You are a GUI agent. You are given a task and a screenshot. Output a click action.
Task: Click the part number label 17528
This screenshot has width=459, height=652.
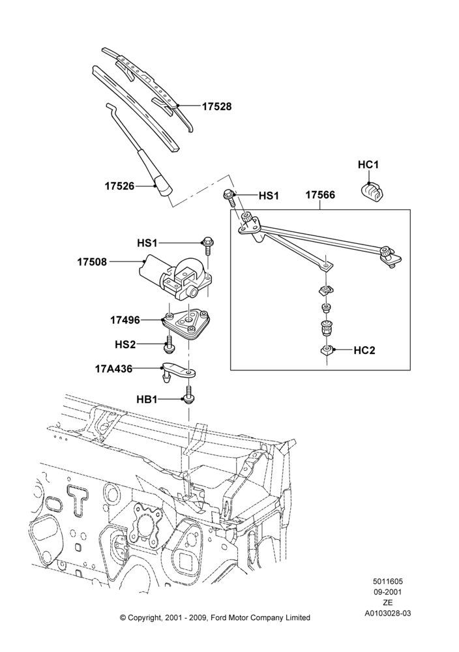click(x=216, y=106)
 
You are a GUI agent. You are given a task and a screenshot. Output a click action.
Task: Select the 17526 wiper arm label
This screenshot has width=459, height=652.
click(x=120, y=186)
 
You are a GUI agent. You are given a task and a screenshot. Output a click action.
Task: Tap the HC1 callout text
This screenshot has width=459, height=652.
click(x=368, y=165)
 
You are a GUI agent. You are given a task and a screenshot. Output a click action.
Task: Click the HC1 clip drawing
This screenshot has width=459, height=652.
click(x=371, y=191)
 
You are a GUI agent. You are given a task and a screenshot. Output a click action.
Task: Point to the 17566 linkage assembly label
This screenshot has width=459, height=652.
click(x=320, y=194)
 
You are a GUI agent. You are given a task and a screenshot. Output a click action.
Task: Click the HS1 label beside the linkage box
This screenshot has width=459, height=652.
click(x=269, y=196)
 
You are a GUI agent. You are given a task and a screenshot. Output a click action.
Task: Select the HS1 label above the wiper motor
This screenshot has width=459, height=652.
click(x=147, y=243)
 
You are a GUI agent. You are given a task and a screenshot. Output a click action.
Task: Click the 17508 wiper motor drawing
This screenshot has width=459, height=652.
click(x=176, y=276)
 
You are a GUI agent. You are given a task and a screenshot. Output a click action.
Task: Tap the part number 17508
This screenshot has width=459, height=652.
click(x=92, y=262)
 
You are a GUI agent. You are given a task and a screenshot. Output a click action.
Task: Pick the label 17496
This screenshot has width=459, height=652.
click(x=125, y=321)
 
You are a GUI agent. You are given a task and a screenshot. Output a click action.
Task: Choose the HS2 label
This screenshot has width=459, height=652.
click(x=126, y=345)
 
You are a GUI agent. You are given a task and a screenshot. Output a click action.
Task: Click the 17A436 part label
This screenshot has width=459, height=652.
click(x=113, y=368)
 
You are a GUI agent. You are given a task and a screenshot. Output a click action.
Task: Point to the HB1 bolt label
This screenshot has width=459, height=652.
click(x=147, y=400)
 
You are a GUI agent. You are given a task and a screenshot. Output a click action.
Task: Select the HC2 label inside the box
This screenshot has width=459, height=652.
click(x=364, y=351)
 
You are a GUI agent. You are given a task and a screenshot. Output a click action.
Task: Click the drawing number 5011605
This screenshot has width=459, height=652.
click(x=388, y=582)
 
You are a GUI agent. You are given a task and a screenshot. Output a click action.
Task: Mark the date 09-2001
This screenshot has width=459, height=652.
click(x=388, y=592)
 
